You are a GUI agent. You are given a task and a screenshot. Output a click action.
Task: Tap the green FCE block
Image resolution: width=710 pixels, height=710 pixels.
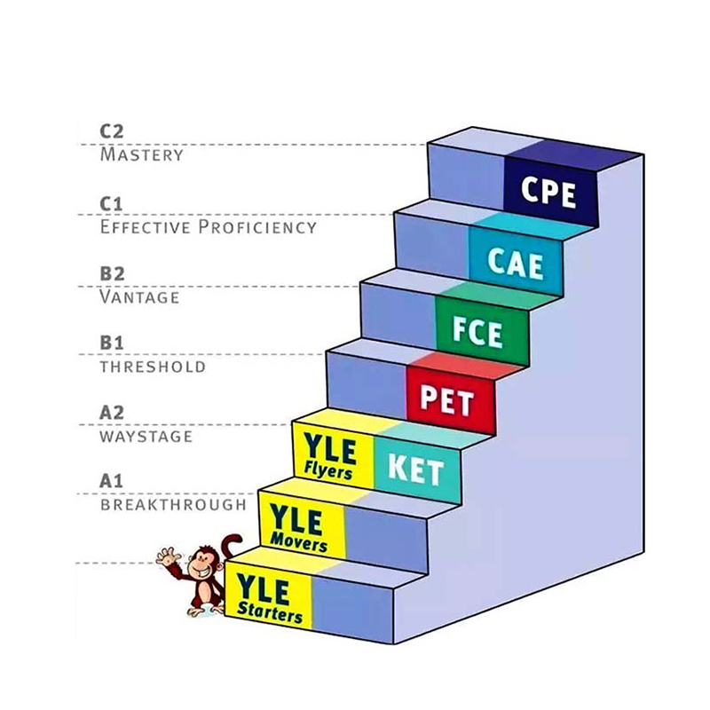tap(477, 331)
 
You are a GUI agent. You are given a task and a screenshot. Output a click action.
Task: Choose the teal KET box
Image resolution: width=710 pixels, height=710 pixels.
tap(414, 468)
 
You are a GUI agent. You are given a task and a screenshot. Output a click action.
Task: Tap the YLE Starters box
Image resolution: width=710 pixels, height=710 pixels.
tap(269, 597)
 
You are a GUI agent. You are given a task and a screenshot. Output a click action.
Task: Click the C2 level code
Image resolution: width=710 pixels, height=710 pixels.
tap(112, 131)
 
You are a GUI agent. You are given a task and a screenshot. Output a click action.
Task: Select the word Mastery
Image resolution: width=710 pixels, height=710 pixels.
tap(142, 154)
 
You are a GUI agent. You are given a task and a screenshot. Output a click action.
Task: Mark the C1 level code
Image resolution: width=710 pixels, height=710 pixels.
tap(112, 203)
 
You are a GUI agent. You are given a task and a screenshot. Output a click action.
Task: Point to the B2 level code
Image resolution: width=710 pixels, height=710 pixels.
tap(113, 273)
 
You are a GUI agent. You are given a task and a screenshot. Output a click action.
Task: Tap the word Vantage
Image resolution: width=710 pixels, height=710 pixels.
tap(139, 296)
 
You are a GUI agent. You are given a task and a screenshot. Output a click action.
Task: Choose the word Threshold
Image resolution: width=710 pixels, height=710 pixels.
tap(153, 367)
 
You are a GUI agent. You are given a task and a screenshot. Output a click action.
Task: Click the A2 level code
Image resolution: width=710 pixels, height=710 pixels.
tap(112, 413)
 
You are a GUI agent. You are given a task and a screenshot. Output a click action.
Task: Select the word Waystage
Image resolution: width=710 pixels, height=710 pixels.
tap(146, 436)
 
